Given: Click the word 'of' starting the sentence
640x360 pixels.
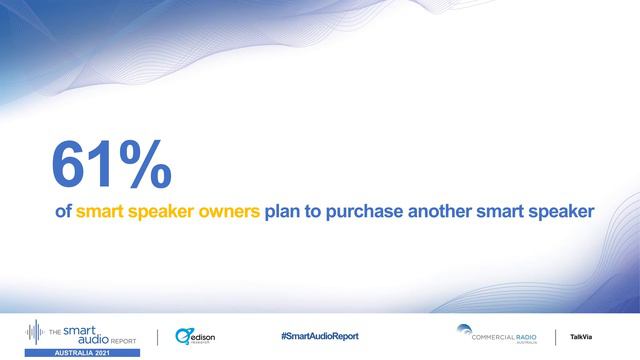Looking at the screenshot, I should click(63, 212).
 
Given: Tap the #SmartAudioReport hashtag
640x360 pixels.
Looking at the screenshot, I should click(319, 336).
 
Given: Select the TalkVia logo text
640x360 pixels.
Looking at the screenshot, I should click(581, 336).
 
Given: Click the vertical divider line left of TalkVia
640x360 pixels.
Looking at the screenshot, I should click(556, 336).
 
